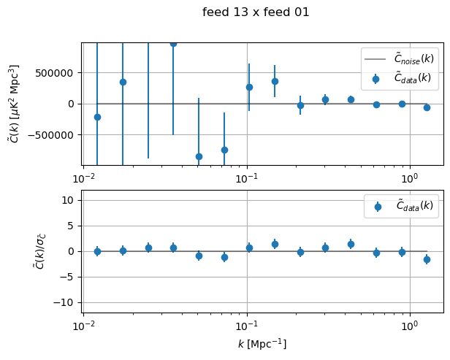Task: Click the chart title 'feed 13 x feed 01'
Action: [256, 12]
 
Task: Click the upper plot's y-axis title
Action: [14, 103]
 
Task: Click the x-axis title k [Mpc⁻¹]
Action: [263, 343]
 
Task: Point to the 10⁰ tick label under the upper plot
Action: [410, 178]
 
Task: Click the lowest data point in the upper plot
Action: [199, 156]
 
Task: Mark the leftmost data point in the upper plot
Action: [97, 117]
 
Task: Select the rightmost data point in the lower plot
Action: [427, 259]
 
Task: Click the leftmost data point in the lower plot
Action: [97, 251]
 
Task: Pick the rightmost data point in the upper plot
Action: [427, 107]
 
